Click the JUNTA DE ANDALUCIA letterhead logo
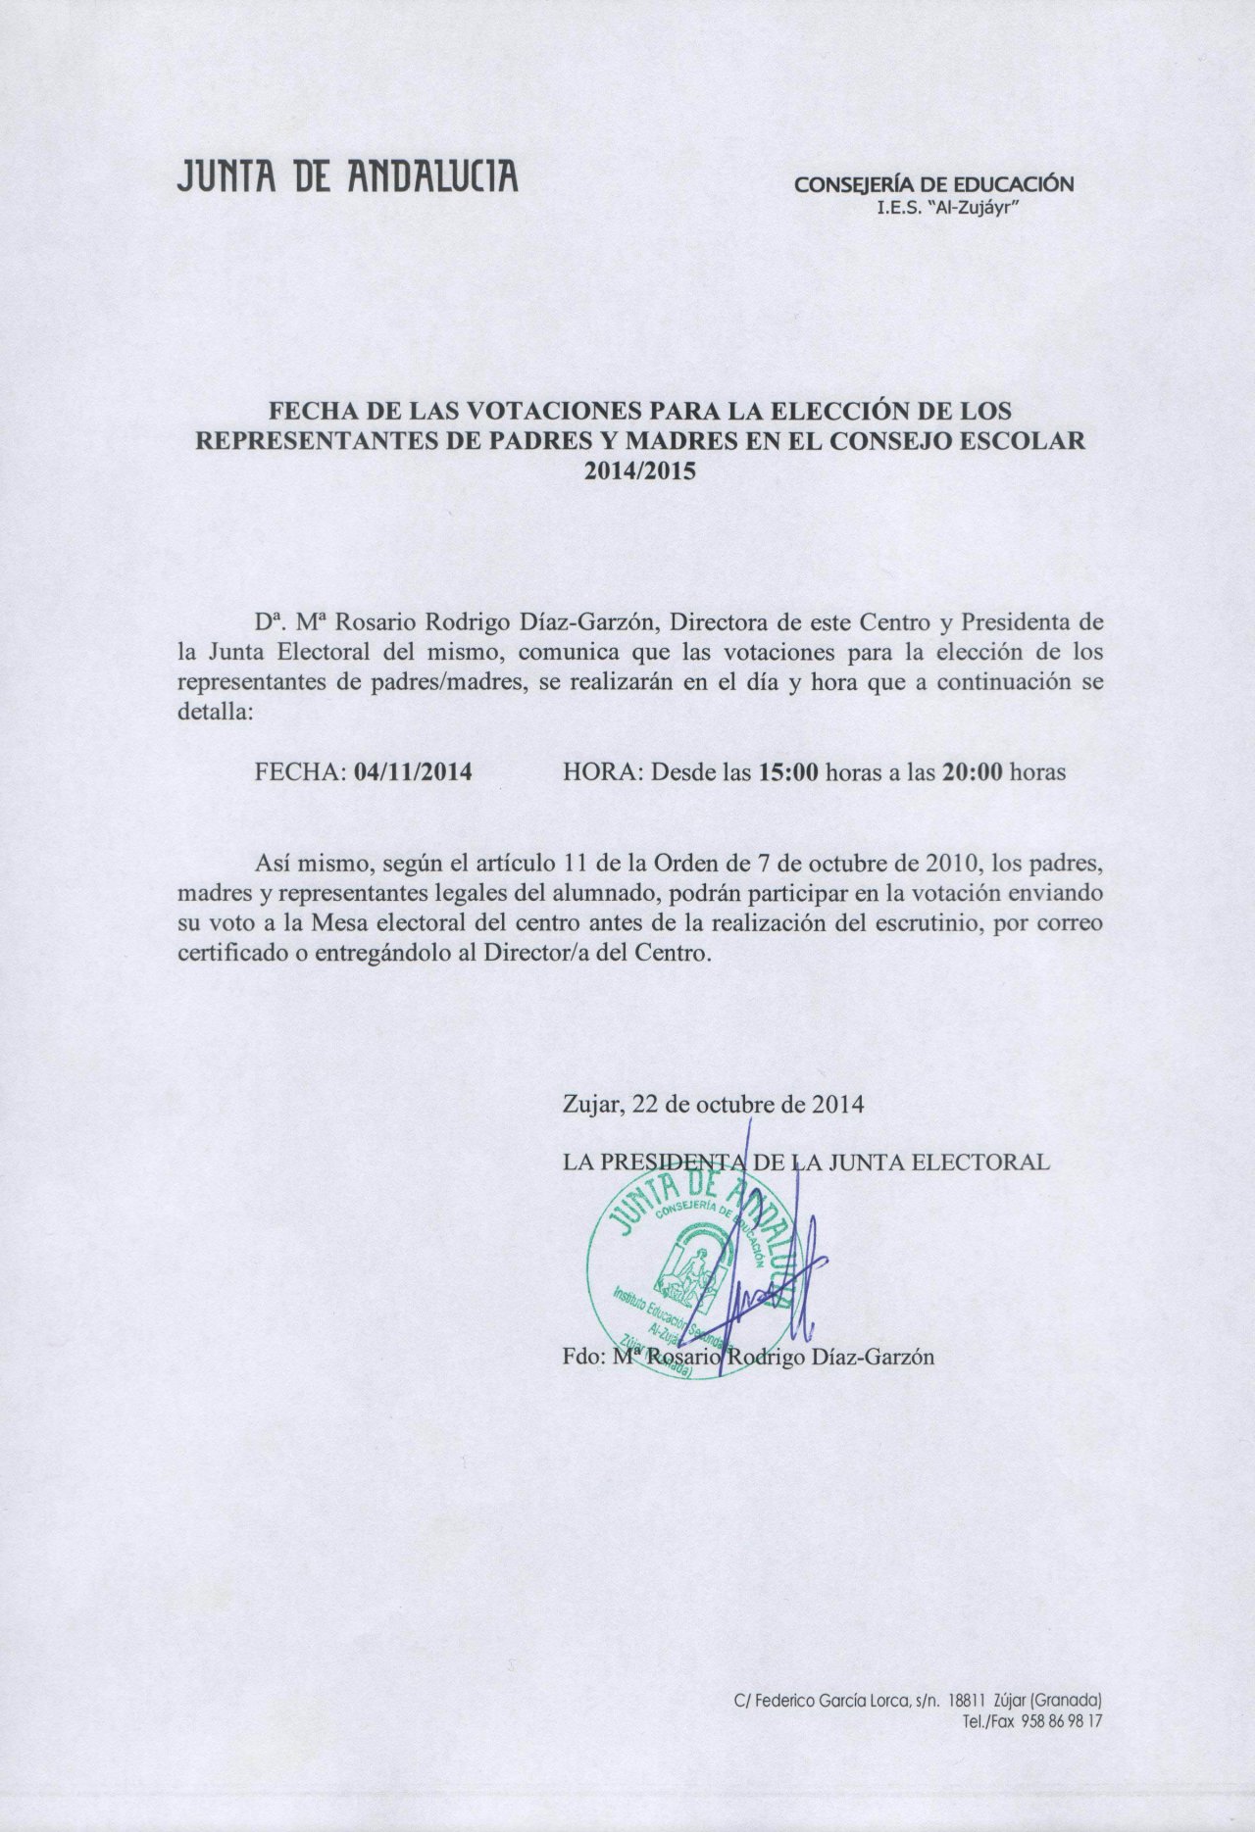point(346,178)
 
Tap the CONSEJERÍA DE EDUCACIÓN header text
point(933,183)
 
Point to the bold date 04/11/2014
point(415,771)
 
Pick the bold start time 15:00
point(788,771)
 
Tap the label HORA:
point(602,771)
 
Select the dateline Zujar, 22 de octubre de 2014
point(713,1105)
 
